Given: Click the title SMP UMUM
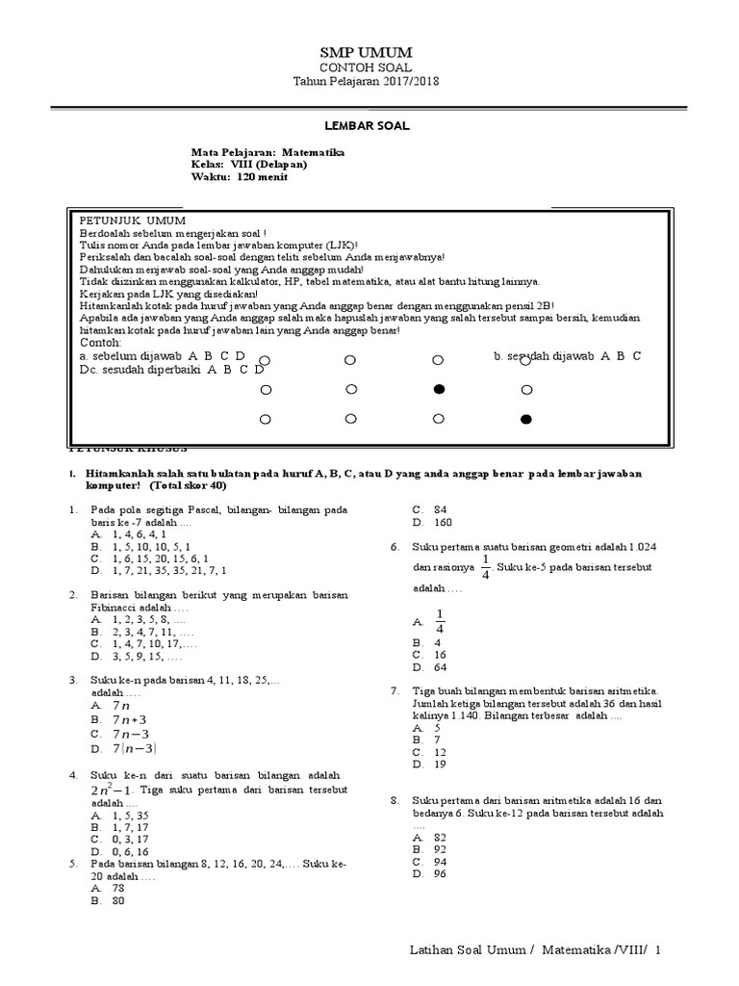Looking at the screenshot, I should point(366,52).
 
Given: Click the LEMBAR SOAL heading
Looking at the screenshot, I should point(365,125).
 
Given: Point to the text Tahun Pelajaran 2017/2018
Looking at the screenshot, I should point(365,84).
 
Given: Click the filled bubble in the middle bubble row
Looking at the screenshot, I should point(439,390).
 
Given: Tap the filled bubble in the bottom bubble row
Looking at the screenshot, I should point(525,420).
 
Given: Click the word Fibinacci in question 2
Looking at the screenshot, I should point(115,609).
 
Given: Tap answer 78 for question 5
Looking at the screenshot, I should point(119,889).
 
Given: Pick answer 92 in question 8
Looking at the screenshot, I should point(441,850).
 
